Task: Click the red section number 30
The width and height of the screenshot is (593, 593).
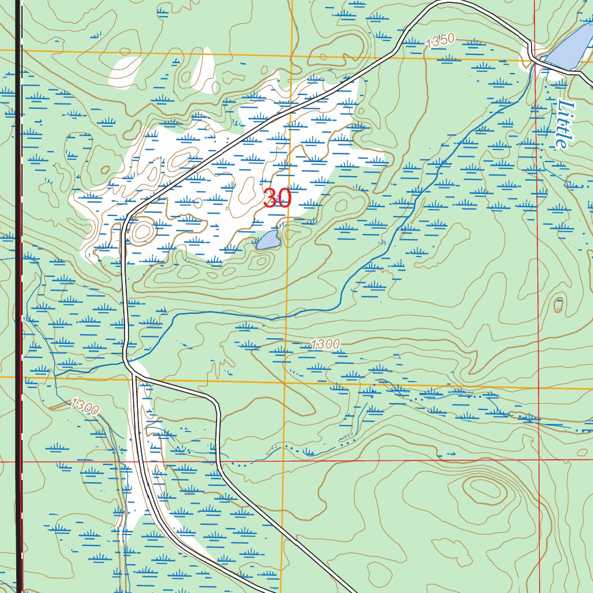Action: pyautogui.click(x=277, y=199)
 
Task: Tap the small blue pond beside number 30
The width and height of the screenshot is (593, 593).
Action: pyautogui.click(x=269, y=240)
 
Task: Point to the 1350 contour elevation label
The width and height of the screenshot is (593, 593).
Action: pyautogui.click(x=440, y=42)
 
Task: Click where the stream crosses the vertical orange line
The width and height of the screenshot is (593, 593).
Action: pyautogui.click(x=285, y=317)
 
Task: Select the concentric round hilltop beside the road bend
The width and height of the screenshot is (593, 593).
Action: pyautogui.click(x=141, y=232)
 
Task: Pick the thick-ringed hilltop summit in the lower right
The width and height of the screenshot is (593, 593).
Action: pyautogui.click(x=482, y=490)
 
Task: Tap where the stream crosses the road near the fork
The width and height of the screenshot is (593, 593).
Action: pyautogui.click(x=126, y=361)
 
